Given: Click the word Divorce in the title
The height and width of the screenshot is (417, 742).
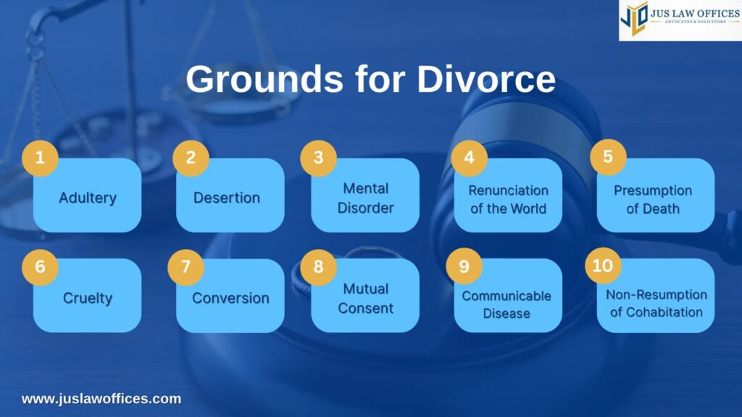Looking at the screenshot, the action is (x=486, y=79).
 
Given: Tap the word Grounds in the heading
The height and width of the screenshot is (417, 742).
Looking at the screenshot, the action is (x=264, y=79).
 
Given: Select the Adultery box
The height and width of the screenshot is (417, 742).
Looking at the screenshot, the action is (x=88, y=195).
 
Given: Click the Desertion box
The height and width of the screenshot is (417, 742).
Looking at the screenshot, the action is (x=230, y=195).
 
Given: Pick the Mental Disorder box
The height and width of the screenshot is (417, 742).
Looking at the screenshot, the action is (x=365, y=195).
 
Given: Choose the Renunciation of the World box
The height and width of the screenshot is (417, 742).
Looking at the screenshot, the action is (x=508, y=195).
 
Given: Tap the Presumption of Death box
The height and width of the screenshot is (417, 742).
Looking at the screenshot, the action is (x=656, y=195).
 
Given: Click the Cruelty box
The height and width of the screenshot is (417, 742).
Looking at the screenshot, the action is (x=88, y=295).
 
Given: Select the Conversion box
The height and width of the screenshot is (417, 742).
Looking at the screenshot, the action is (x=230, y=295).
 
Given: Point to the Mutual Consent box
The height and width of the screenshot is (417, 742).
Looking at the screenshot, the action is (x=365, y=295).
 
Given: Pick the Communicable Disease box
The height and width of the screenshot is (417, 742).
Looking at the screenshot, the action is (x=508, y=295).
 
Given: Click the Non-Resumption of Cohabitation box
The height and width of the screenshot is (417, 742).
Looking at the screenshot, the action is (x=656, y=295).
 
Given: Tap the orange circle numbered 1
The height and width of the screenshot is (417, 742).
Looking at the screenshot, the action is (x=41, y=158).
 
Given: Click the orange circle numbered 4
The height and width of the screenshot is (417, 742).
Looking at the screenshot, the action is (x=470, y=158).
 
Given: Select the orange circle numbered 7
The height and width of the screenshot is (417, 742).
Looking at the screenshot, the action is (x=186, y=267).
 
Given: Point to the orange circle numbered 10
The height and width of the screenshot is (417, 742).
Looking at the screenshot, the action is (x=603, y=266).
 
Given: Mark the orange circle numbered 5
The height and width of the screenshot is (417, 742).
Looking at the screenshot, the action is (x=608, y=157).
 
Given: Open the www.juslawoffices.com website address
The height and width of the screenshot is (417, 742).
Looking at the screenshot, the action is (x=101, y=399).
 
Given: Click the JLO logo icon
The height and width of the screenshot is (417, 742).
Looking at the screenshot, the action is (x=633, y=18).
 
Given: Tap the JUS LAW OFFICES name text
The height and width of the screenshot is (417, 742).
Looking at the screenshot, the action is (x=695, y=13).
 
